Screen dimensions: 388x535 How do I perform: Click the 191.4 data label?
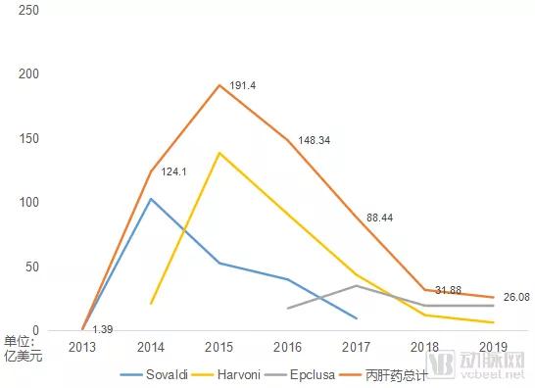click(x=243, y=86)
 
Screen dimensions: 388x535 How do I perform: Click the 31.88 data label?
click(x=450, y=289)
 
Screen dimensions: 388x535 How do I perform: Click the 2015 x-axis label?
click(x=219, y=347)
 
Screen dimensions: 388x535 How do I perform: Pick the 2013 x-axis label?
click(x=82, y=347)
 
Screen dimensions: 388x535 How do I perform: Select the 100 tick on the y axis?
click(x=28, y=203)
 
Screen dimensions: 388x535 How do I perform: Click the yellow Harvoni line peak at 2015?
click(x=219, y=153)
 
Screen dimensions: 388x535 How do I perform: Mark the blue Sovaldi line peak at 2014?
click(x=150, y=199)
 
